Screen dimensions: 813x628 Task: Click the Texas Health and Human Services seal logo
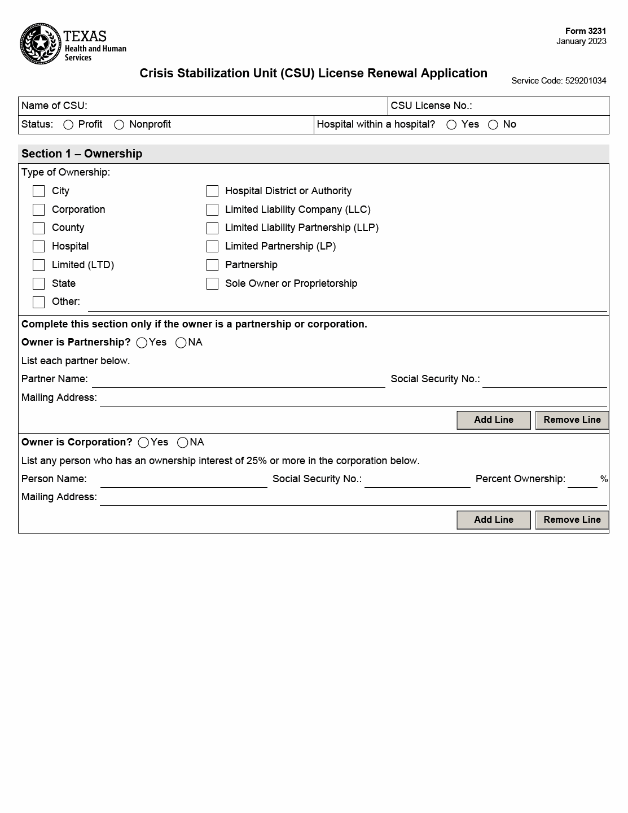pos(41,44)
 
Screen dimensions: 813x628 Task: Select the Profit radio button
pos(68,125)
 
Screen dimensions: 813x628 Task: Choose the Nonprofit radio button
pos(119,125)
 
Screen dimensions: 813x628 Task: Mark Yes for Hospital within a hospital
pos(451,125)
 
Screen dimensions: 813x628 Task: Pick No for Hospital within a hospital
pos(493,125)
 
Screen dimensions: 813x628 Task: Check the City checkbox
pos(38,191)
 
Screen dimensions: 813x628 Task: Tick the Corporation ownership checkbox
pos(38,210)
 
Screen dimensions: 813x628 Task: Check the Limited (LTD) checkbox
pos(38,265)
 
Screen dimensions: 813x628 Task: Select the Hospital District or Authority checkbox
pos(212,191)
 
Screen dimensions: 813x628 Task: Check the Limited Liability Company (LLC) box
pos(212,210)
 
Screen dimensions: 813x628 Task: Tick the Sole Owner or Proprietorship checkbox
pos(212,284)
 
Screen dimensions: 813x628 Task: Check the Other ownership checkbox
pos(38,302)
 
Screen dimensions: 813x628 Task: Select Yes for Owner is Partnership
pos(142,343)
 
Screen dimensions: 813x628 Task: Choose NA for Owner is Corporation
pos(182,443)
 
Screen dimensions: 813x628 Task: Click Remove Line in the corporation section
pos(572,520)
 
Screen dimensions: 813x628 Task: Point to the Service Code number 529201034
pos(585,81)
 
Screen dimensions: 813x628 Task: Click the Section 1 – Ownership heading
pos(82,154)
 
